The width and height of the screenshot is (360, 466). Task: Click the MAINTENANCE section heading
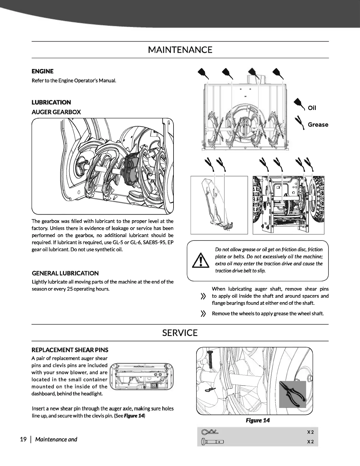click(180, 50)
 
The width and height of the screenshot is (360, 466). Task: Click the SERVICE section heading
click(180, 333)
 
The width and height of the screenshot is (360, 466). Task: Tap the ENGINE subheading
click(42, 71)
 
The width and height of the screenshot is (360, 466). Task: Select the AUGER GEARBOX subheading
click(56, 112)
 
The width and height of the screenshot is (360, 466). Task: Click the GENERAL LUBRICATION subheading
click(65, 273)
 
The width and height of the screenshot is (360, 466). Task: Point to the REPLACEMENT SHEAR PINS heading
click(70, 350)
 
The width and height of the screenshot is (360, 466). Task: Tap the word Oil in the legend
click(312, 108)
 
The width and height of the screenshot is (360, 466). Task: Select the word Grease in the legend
click(318, 125)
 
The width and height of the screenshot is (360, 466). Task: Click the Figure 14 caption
click(257, 420)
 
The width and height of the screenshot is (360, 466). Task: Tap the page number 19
click(23, 439)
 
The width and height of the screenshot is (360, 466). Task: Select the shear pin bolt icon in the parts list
click(212, 442)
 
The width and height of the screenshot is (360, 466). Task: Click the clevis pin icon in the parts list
click(209, 432)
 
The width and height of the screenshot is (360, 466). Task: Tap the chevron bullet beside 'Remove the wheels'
click(203, 314)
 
